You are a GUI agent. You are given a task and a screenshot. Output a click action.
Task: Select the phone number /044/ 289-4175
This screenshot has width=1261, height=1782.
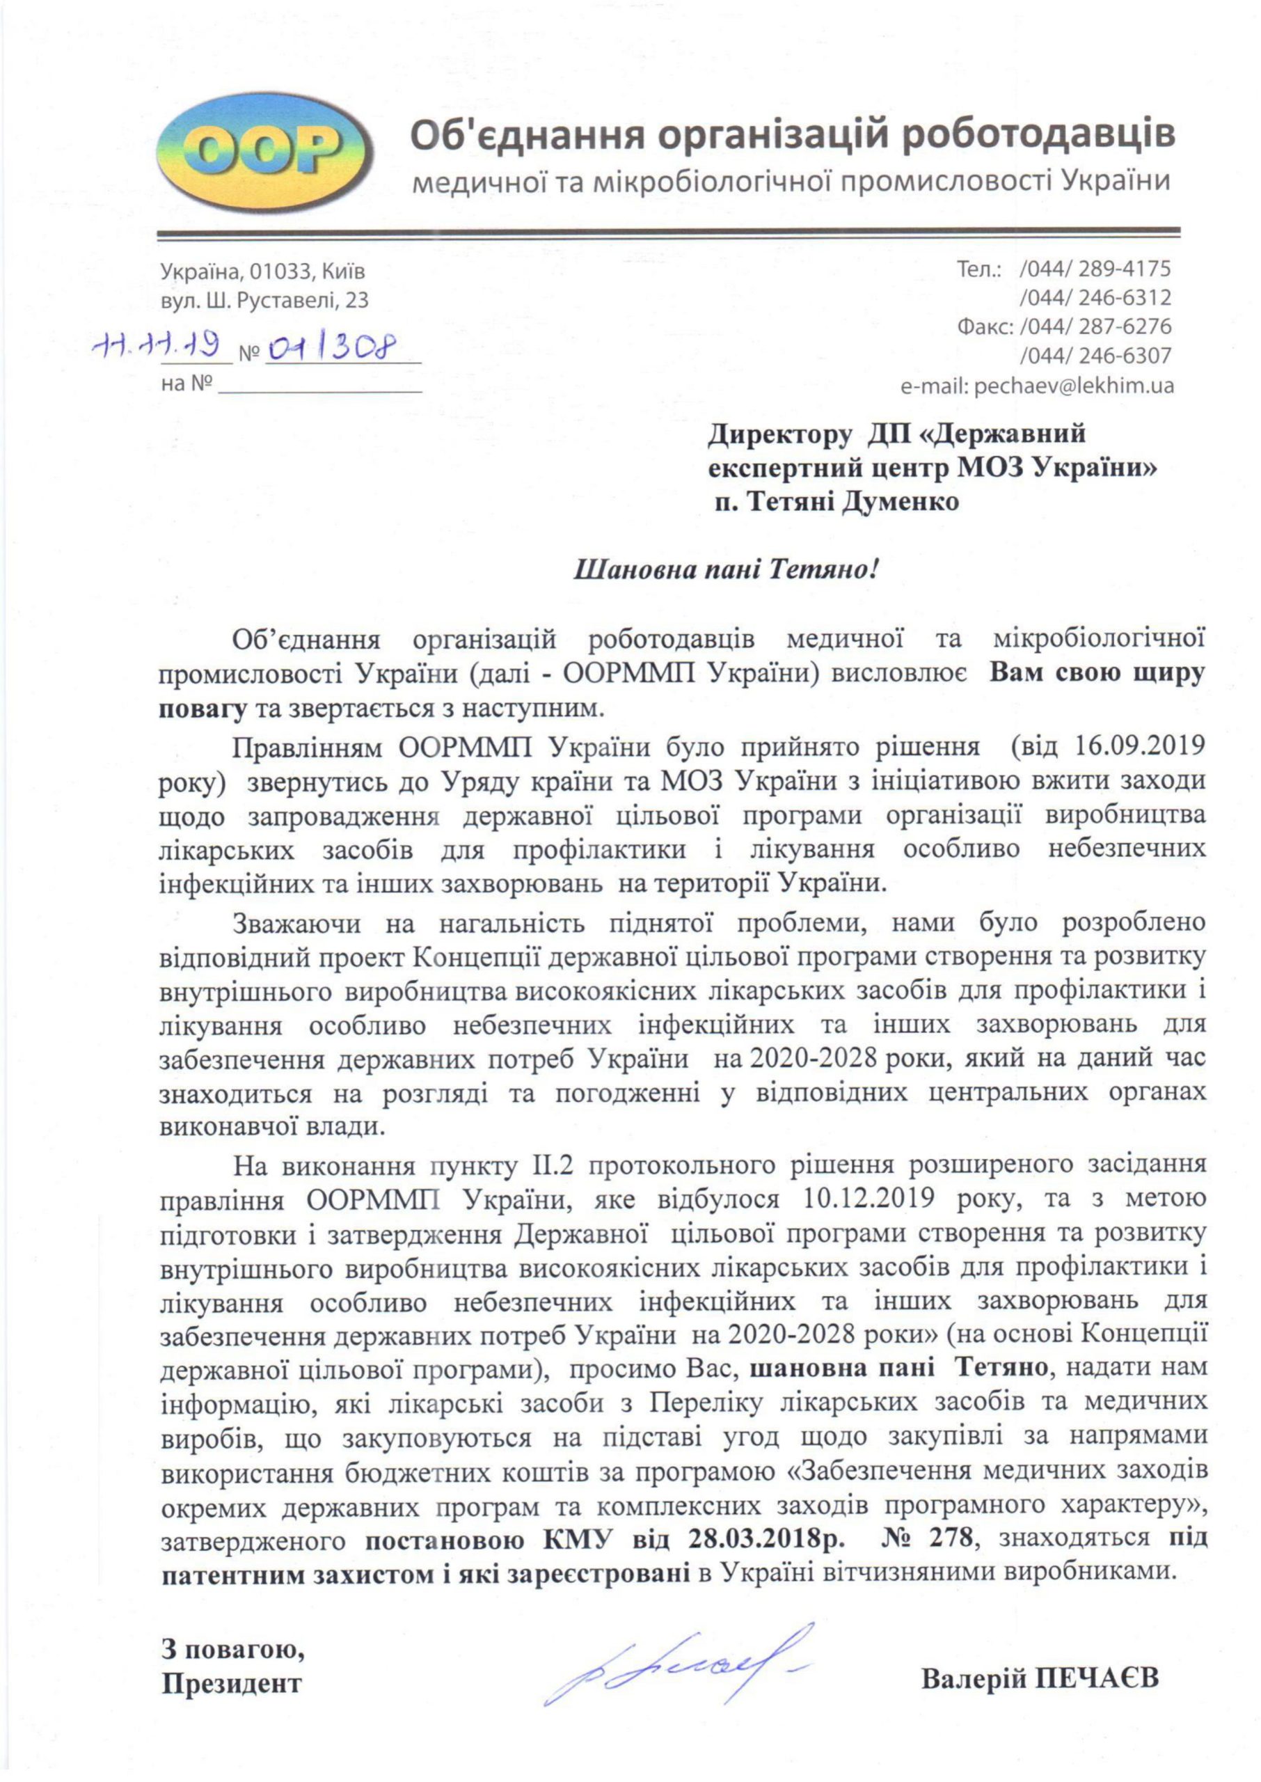click(1095, 269)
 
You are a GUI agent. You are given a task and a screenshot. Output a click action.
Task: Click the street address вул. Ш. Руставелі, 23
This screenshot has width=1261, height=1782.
click(264, 301)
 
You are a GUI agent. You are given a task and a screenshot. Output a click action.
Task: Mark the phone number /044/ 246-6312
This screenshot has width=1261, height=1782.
click(1095, 298)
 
